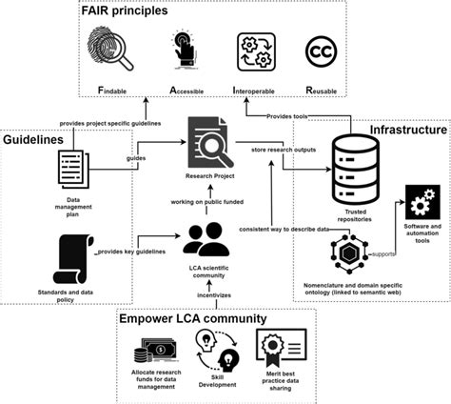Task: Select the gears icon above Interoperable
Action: (255, 52)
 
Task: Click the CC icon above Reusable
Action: (322, 52)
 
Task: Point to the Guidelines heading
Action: (38, 139)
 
